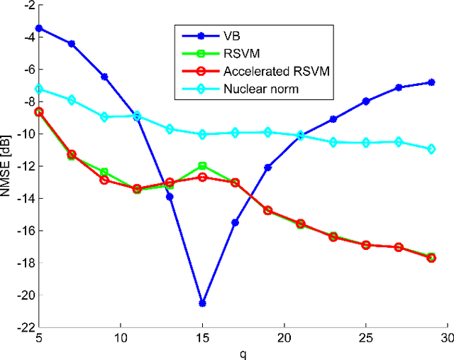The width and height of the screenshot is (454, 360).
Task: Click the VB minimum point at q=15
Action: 203,303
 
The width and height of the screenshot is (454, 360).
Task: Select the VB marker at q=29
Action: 431,82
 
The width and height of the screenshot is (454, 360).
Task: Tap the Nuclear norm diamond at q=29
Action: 431,149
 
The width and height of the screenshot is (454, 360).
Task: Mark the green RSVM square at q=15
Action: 203,165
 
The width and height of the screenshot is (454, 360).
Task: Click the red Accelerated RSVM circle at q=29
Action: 431,258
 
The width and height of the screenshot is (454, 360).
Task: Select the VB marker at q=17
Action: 236,223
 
